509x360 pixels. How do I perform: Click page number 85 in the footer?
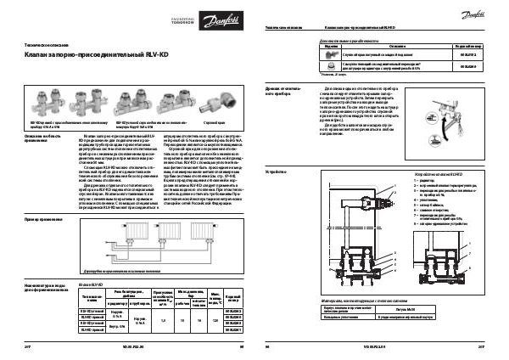pyautogui.click(x=242, y=347)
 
